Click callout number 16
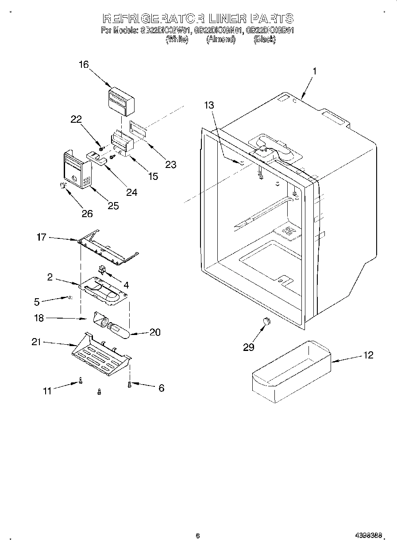point(84,65)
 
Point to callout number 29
point(249,347)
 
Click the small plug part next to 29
point(266,321)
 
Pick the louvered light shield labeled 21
point(101,354)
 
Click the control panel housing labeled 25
point(77,171)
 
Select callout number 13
point(209,105)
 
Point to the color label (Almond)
point(220,39)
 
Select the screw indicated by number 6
point(129,385)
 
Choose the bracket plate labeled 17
point(108,250)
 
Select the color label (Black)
point(264,39)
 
